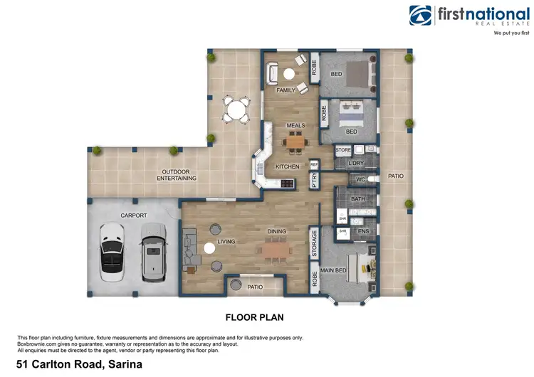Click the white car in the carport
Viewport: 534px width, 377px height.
[x=112, y=248]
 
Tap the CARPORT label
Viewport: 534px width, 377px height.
[x=133, y=214]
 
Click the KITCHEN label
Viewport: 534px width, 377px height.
[x=288, y=166]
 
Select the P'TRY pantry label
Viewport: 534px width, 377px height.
[x=313, y=181]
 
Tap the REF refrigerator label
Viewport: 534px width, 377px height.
[x=313, y=164]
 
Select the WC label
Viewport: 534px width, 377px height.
[x=360, y=179]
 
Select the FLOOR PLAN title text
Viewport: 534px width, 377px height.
[x=254, y=317]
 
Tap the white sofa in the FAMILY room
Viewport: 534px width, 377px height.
[x=273, y=73]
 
